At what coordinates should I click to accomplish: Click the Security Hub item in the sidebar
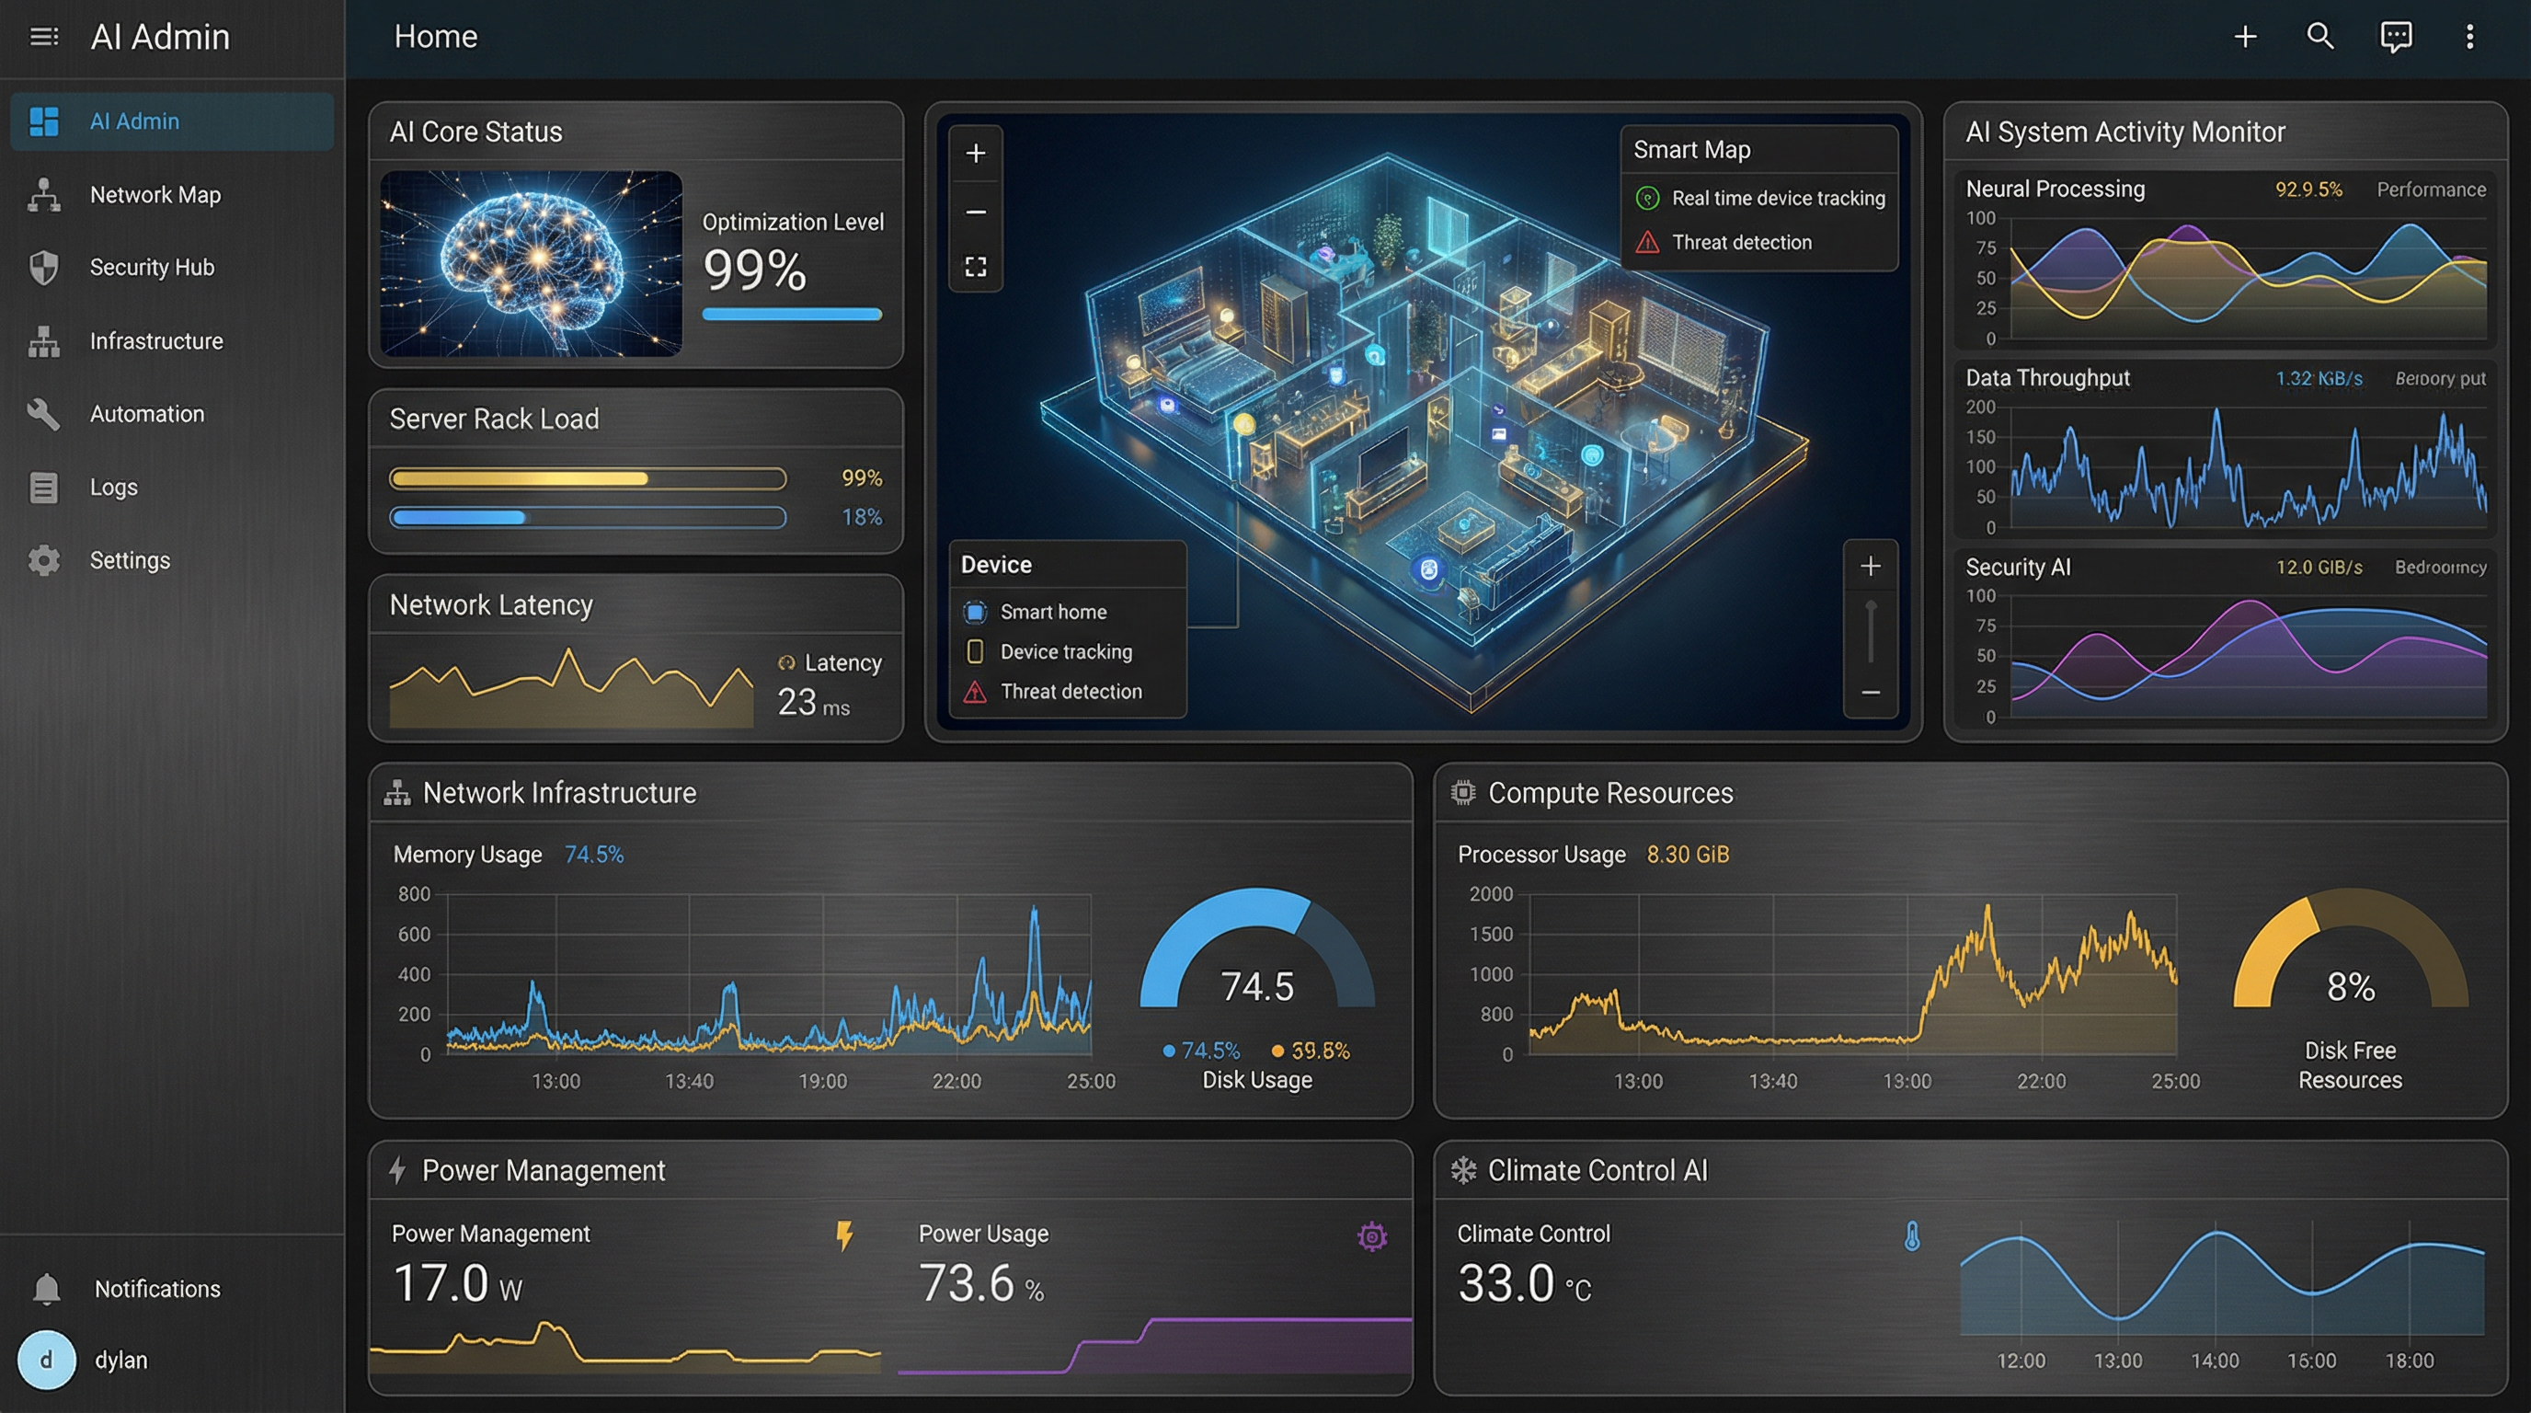click(152, 268)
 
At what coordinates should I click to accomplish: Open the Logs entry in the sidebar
click(113, 488)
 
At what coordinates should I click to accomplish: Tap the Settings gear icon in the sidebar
click(44, 560)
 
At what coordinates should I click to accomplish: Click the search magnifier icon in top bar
click(2319, 37)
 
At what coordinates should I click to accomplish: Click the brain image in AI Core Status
click(531, 263)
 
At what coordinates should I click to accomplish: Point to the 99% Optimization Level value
click(754, 270)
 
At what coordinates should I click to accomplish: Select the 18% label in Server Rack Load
click(862, 517)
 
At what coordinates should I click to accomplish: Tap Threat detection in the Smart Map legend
click(1741, 243)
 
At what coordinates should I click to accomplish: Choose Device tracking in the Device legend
click(1065, 651)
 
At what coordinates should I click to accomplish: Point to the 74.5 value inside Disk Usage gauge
click(1256, 986)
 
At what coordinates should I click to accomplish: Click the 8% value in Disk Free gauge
click(2350, 986)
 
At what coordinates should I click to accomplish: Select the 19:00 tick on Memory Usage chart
click(822, 1081)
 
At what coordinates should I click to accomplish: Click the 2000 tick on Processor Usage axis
click(1491, 894)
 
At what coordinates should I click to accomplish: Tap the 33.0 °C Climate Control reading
click(1523, 1284)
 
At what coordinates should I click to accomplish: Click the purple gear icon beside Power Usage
click(1371, 1236)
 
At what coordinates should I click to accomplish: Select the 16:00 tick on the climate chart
click(2311, 1361)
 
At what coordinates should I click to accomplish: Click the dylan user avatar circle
click(46, 1360)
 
